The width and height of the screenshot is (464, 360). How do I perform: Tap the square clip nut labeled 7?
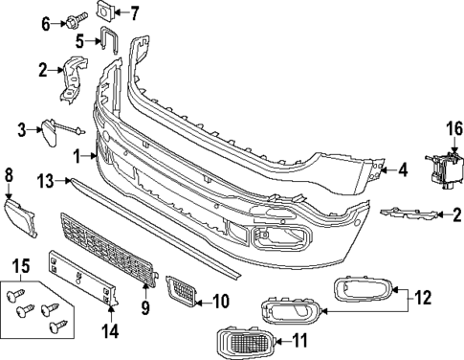[x=105, y=11]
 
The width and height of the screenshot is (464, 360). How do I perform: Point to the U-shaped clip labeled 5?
[x=109, y=39]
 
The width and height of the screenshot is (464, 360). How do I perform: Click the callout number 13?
[x=46, y=181]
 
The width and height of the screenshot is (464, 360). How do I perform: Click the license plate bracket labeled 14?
[x=83, y=278]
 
